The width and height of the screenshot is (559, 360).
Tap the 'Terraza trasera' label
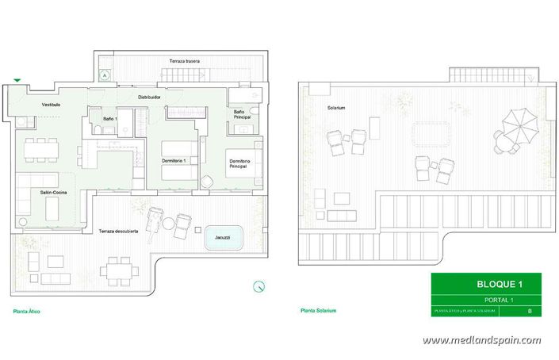pyautogui.click(x=184, y=61)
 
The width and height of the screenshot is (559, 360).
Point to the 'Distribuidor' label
pyautogui.click(x=149, y=97)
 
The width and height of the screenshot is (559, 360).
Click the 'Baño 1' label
pyautogui.click(x=110, y=118)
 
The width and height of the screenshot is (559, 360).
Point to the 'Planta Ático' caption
pyautogui.click(x=27, y=311)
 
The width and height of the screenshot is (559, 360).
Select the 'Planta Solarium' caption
pyautogui.click(x=318, y=311)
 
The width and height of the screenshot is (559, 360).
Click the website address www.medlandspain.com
pyautogui.click(x=481, y=340)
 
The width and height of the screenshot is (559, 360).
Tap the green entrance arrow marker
pyautogui.click(x=17, y=80)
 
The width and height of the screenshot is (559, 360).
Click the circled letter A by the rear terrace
pyautogui.click(x=104, y=75)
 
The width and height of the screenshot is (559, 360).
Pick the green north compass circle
pyautogui.click(x=257, y=286)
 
